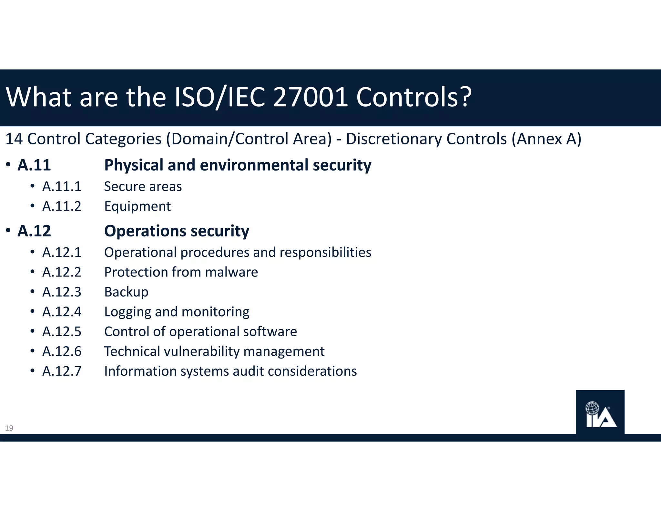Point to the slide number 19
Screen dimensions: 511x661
(9, 428)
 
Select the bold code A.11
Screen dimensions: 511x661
(34, 165)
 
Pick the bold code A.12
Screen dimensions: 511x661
(34, 231)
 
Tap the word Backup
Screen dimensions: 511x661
(126, 292)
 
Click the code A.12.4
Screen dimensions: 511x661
(62, 312)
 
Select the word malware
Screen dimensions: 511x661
(231, 272)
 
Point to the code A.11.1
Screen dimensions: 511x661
(62, 186)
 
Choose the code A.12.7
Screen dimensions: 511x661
(62, 371)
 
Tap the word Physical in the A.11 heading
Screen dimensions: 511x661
(134, 165)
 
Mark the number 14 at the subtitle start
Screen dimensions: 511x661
(14, 139)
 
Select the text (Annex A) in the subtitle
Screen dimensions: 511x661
(546, 139)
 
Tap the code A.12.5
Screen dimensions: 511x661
(62, 332)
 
